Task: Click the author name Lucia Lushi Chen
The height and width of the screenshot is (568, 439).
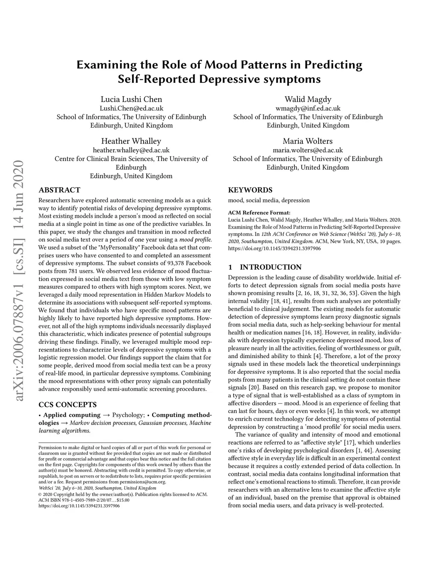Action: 131,99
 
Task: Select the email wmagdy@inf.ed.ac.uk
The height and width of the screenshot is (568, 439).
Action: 308,108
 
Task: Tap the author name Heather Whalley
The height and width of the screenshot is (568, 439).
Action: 131,141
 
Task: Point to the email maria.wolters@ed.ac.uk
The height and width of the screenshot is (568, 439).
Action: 308,150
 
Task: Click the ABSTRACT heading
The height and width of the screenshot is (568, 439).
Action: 59,190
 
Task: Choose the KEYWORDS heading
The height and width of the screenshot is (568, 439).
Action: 250,190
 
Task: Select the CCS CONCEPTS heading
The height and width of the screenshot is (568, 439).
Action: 67,404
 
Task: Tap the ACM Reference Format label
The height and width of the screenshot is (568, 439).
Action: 259,212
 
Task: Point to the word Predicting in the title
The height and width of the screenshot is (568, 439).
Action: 333,65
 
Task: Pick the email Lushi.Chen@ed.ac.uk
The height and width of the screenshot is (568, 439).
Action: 131,108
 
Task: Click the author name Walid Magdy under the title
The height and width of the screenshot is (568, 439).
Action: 308,99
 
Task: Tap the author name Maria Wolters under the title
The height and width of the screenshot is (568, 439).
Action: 307,141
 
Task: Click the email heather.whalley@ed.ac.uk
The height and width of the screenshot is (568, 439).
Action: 131,150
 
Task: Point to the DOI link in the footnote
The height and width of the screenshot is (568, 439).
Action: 79,506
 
